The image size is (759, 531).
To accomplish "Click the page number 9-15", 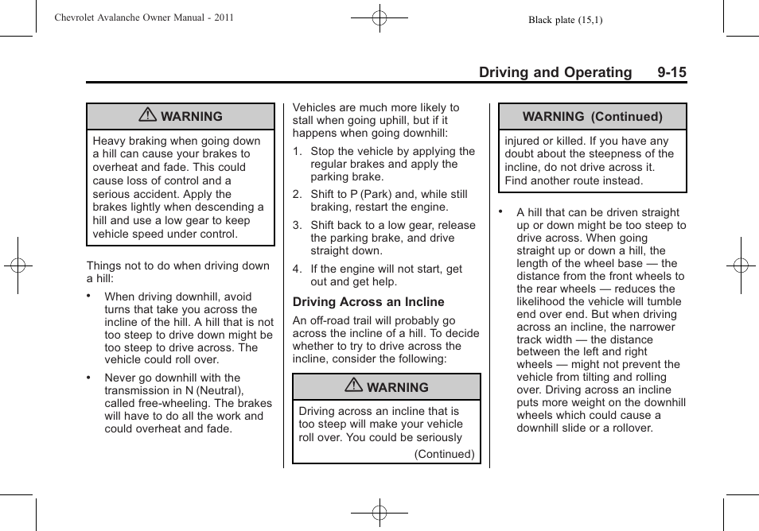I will [x=671, y=72].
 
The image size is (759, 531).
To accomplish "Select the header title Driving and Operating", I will [x=555, y=72].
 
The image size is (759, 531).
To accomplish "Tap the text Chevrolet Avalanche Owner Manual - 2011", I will [x=144, y=17].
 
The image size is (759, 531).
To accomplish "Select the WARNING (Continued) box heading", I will [x=592, y=116].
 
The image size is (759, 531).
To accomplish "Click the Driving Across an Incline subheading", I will [x=368, y=302].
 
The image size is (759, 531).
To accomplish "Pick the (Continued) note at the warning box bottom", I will [x=444, y=455].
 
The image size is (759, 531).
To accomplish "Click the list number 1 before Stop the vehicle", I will [x=297, y=151].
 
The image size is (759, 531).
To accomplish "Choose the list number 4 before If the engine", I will [x=297, y=269].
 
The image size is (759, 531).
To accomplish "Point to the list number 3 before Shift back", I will [x=297, y=225].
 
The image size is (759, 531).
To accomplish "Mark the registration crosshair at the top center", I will [x=379, y=17].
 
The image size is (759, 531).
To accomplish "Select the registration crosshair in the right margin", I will [x=741, y=265].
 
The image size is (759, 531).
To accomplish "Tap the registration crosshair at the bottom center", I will [x=379, y=513].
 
